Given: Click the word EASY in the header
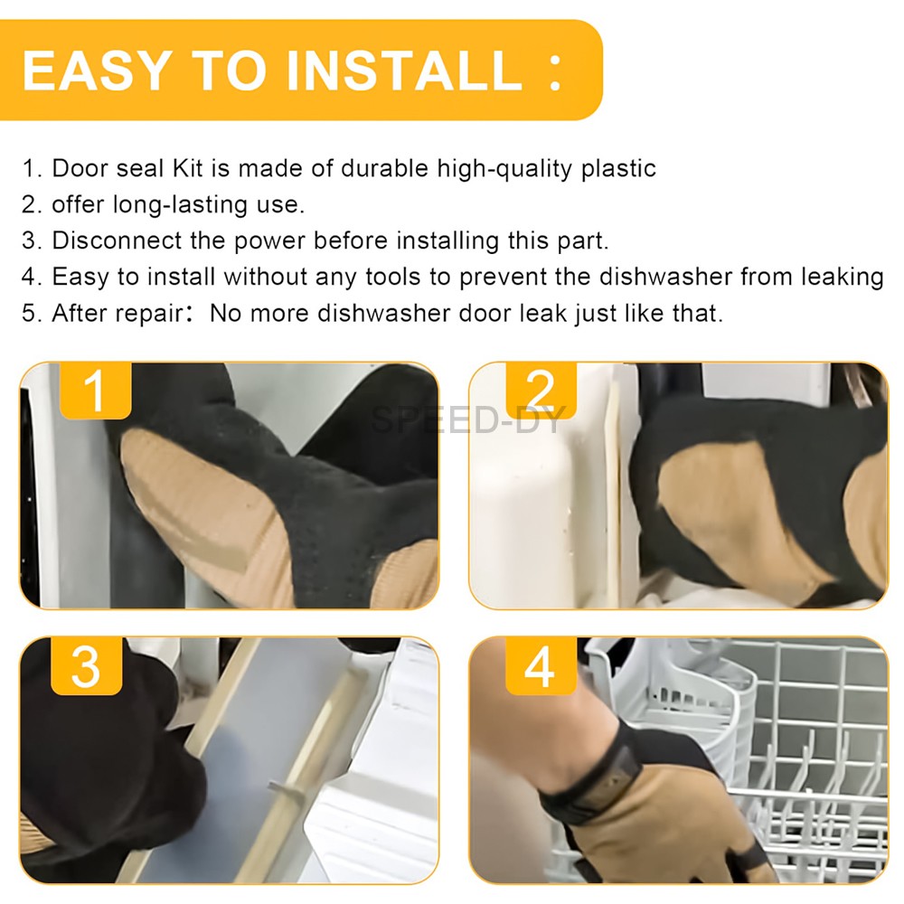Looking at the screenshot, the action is [x=98, y=71].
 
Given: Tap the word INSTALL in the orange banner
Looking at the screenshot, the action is [x=404, y=71].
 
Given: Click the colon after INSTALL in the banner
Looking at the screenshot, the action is [x=555, y=72].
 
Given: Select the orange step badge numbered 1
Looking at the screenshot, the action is [x=96, y=391].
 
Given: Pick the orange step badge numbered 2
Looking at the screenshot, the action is [x=541, y=391].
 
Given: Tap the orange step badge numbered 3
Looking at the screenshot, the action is [x=87, y=666].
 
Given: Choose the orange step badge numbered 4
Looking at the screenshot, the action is [x=541, y=666].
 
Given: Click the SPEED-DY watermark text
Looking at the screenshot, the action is [x=467, y=419].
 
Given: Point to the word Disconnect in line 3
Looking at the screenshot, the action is [x=117, y=240].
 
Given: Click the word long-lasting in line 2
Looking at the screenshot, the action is [x=181, y=205].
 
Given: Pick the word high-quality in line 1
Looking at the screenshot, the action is [x=504, y=169].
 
